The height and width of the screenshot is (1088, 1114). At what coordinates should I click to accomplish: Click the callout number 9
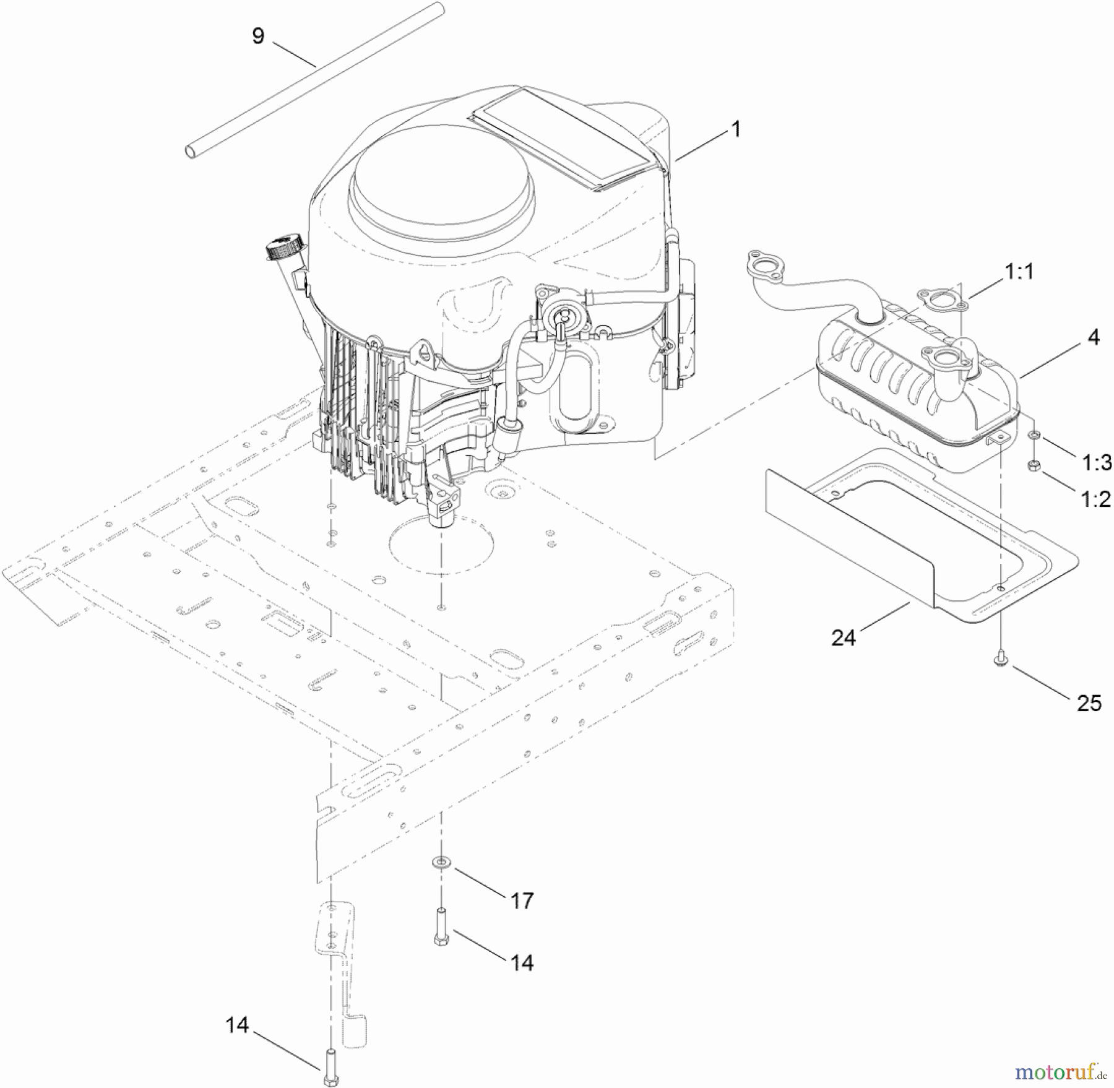coord(258,36)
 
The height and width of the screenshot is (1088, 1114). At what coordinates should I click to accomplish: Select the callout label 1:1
coord(1019,271)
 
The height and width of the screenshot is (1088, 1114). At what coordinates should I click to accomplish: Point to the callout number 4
coord(1094,337)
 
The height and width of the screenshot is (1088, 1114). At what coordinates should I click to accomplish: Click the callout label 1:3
coord(1097,462)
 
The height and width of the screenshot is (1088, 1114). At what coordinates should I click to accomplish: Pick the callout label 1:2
coord(1096,499)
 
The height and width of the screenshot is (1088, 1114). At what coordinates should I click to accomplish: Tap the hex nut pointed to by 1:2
coord(1033,466)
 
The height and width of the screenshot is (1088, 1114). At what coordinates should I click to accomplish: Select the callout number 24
coord(843,637)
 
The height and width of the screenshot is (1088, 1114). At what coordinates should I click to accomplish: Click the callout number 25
coord(1089,703)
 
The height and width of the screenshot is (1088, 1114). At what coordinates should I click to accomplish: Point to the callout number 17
coord(522,901)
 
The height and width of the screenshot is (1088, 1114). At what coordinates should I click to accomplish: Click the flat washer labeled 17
coord(441,861)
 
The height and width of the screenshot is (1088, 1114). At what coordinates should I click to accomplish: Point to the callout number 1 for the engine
coord(735,129)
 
